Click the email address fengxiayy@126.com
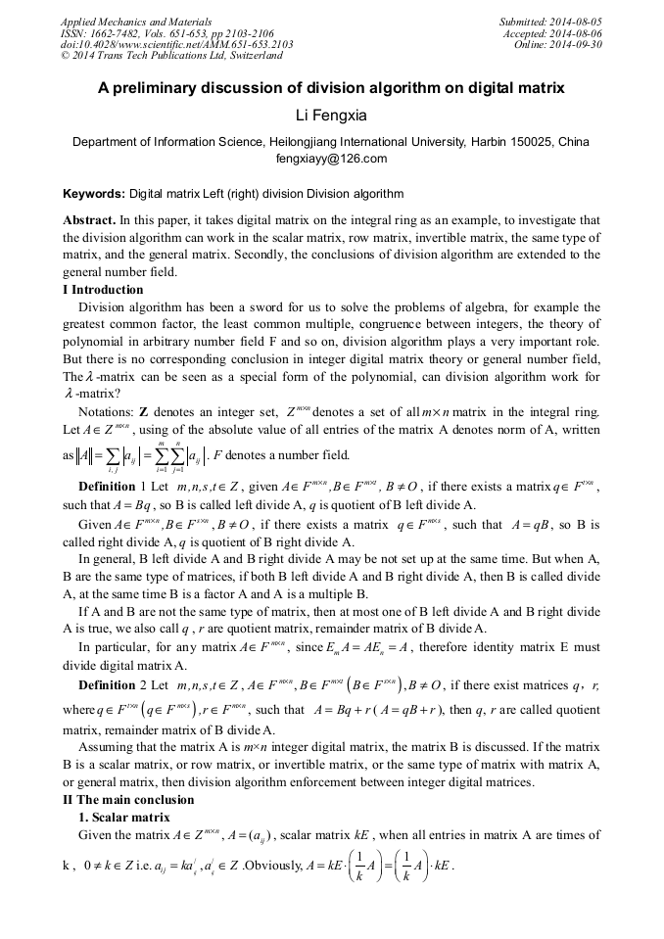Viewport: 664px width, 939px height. (x=331, y=159)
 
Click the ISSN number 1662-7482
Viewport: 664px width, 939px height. (x=121, y=33)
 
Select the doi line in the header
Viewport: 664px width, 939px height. (x=176, y=45)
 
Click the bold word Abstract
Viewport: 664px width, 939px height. (x=89, y=221)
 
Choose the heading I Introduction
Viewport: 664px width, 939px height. (x=103, y=290)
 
